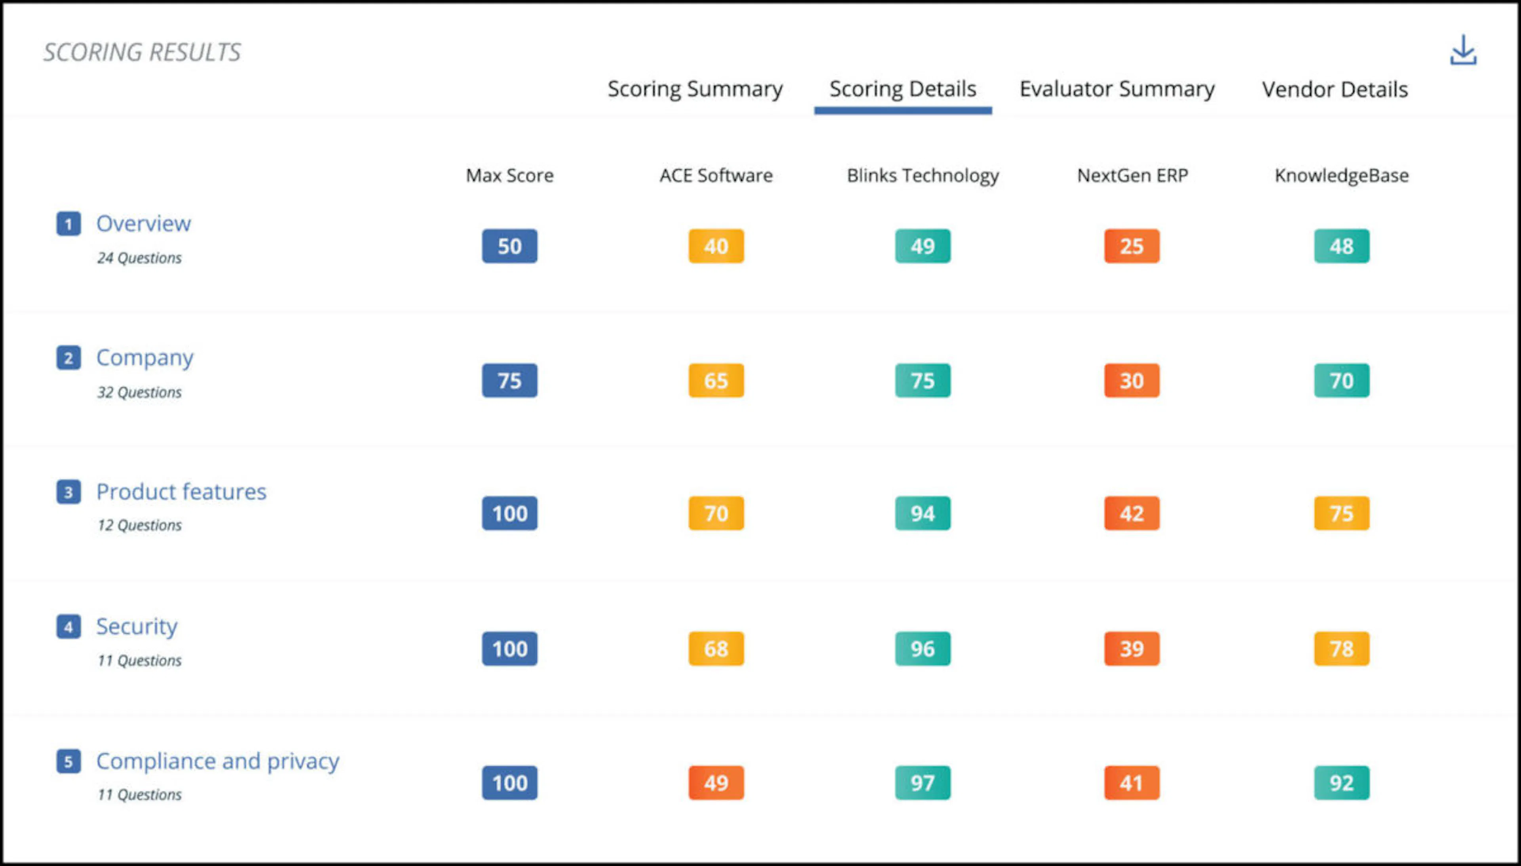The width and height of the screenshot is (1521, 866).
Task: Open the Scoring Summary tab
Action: pos(694,89)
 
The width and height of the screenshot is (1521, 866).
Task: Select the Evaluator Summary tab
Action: pos(1117,89)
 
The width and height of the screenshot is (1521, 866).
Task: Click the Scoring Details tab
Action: pos(903,89)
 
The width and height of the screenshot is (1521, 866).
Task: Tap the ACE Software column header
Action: pos(716,175)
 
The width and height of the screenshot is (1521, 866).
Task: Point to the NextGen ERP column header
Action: pos(1132,175)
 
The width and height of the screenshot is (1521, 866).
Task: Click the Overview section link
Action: pos(143,224)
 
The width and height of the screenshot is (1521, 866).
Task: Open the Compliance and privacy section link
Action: pos(217,761)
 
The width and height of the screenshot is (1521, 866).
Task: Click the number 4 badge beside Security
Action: pos(69,627)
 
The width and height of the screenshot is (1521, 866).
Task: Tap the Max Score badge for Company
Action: pos(510,381)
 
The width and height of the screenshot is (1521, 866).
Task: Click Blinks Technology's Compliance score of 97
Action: pos(923,783)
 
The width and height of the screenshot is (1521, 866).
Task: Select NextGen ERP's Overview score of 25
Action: pos(1132,246)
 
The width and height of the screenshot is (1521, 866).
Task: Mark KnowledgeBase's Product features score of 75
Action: pos(1342,513)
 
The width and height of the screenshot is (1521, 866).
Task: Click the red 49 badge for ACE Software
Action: pos(716,783)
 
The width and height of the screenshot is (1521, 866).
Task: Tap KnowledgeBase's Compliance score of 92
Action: pos(1342,783)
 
